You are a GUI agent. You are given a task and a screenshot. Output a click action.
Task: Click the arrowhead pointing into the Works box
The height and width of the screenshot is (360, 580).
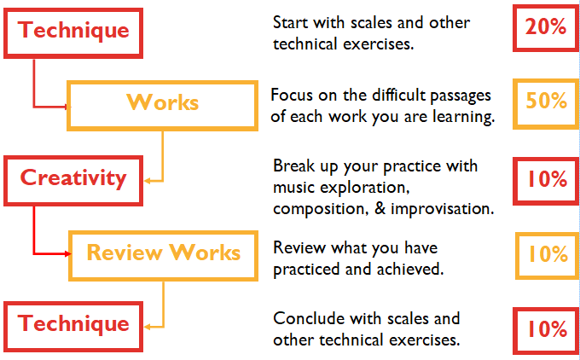click(x=67, y=107)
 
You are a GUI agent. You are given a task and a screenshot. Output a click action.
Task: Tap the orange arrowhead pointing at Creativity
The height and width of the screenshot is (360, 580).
click(x=148, y=181)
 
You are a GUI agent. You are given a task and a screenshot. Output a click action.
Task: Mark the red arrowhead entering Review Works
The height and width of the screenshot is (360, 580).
click(x=67, y=254)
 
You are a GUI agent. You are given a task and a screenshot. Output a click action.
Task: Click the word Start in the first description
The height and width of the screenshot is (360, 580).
click(x=290, y=23)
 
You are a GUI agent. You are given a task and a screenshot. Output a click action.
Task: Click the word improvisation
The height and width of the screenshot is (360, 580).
click(x=443, y=209)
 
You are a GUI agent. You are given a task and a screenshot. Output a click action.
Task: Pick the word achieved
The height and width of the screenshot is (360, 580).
click(x=410, y=269)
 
